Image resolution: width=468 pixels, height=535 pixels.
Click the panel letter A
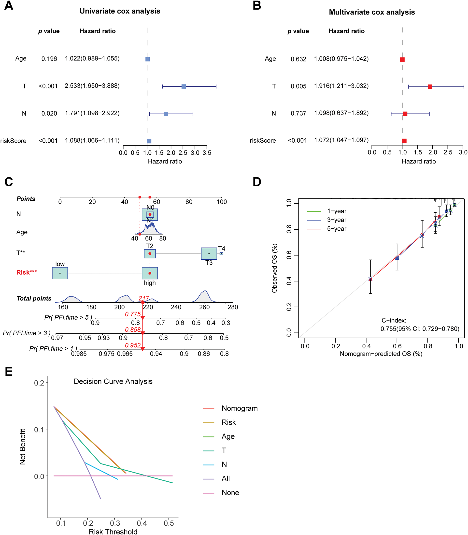click(9, 5)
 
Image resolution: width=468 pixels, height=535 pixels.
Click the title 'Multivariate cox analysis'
click(372, 12)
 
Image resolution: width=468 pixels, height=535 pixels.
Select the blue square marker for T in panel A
click(184, 87)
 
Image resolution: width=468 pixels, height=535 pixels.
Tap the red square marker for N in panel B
click(405, 114)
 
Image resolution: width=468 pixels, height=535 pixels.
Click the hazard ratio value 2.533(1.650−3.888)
click(92, 86)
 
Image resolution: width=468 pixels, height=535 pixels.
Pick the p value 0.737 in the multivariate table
click(298, 113)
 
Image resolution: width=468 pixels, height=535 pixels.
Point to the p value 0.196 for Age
click(49, 59)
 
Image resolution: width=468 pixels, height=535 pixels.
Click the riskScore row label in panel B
click(263, 141)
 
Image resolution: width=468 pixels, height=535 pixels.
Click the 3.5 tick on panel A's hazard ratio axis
click(207, 153)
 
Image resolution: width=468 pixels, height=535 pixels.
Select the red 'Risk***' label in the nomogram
click(26, 272)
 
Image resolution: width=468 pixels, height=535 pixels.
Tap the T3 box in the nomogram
click(209, 253)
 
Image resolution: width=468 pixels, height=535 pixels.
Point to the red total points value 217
click(144, 298)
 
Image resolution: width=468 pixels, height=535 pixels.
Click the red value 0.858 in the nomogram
click(133, 329)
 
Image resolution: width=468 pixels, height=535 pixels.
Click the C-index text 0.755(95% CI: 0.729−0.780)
click(420, 329)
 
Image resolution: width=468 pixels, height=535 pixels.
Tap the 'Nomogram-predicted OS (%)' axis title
click(381, 354)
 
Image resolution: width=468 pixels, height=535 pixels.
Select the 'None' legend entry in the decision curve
click(230, 493)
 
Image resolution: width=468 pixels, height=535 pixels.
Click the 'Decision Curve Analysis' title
click(113, 381)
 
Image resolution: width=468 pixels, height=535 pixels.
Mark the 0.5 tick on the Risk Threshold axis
click(169, 523)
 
